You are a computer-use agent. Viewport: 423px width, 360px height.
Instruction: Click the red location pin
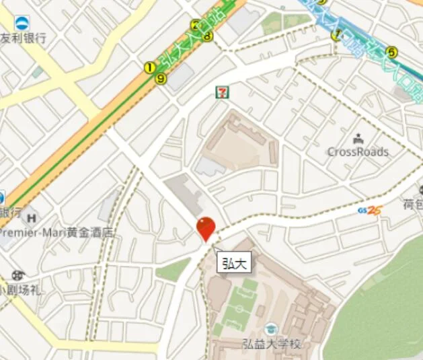[205, 227]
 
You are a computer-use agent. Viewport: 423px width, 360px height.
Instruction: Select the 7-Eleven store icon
[221, 92]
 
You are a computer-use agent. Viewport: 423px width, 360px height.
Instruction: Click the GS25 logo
[370, 210]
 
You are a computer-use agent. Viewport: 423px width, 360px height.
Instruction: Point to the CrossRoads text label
[358, 152]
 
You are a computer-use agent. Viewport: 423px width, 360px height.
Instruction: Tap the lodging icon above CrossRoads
[357, 139]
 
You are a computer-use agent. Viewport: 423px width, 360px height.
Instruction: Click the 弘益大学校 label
[272, 343]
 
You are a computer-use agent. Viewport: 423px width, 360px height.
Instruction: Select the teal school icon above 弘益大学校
[271, 329]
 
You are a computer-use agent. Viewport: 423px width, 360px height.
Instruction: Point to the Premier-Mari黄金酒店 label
[56, 233]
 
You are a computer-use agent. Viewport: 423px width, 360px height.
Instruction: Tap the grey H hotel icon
[30, 217]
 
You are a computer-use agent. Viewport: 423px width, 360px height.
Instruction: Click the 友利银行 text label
[24, 38]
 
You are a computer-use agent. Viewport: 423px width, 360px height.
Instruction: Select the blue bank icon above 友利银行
[22, 24]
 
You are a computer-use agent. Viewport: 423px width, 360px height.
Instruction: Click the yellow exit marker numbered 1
[149, 67]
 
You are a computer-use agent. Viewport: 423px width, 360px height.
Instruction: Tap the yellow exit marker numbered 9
[161, 79]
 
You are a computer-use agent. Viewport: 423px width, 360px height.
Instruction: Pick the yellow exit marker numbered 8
[208, 36]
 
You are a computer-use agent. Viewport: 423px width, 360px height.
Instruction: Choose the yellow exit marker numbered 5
[391, 50]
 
